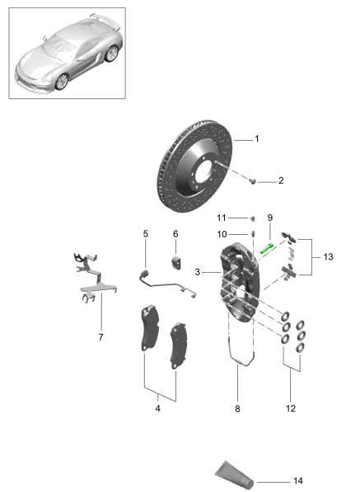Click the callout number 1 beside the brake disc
tap(256, 139)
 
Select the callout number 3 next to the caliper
tap(198, 272)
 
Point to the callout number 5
tap(146, 234)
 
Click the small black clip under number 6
tap(175, 263)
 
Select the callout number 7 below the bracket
tap(101, 336)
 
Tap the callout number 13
tap(327, 257)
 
